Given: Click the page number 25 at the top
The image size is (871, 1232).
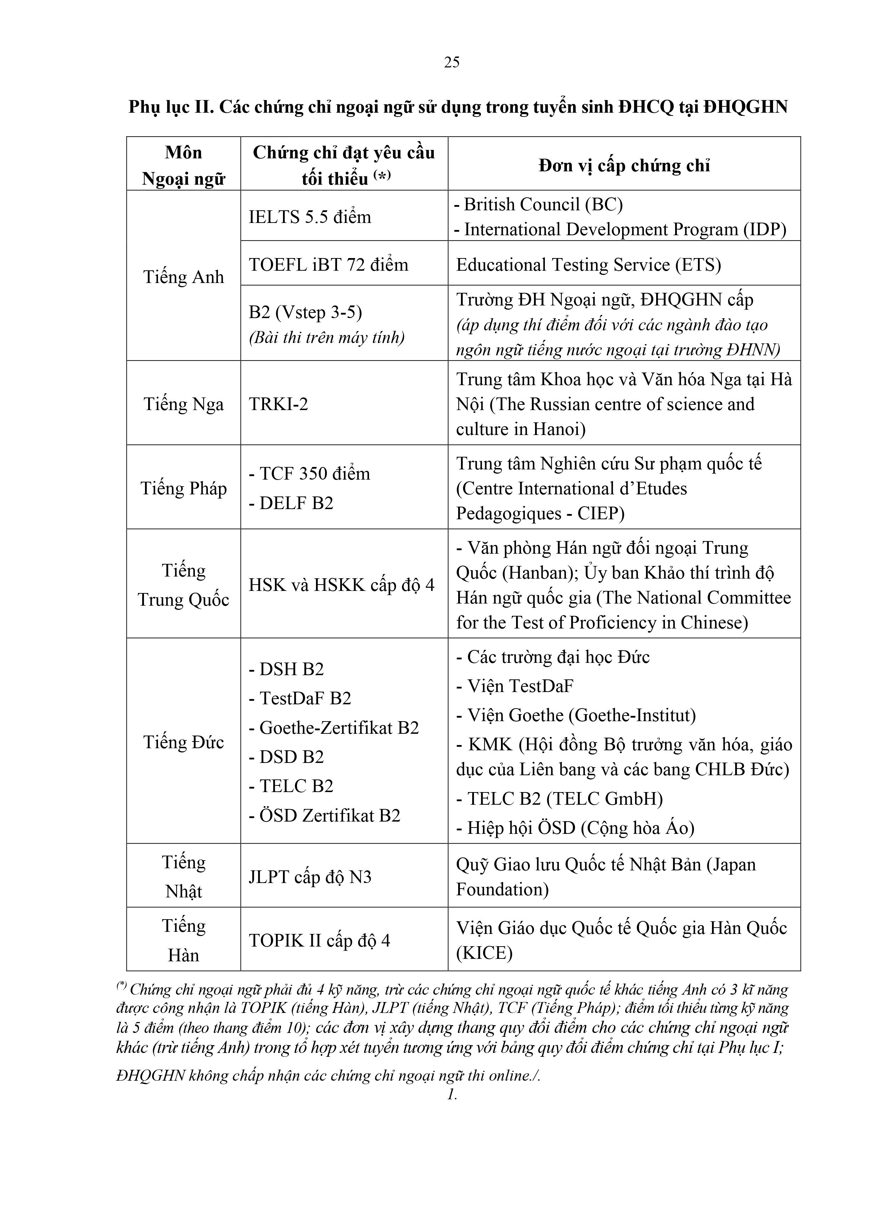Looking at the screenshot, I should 451,62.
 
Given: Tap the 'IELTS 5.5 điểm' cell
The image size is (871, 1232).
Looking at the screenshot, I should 310,217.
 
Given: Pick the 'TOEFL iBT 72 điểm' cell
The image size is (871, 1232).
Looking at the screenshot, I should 329,264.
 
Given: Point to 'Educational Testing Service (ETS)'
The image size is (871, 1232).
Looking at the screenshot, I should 588,264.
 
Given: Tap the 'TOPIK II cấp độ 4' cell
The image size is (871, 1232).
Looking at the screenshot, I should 319,941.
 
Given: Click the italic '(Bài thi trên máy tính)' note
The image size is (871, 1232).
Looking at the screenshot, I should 326,337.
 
